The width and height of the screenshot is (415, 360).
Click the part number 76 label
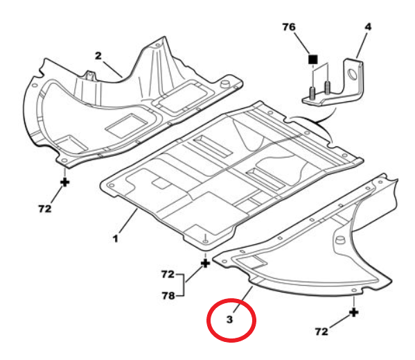coord(289,27)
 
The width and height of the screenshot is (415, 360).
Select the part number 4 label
coord(368,27)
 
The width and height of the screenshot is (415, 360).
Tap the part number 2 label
coord(98,55)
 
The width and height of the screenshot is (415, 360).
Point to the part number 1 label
coord(116,239)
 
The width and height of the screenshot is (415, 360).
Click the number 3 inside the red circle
coord(229,320)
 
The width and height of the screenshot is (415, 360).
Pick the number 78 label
coord(168,295)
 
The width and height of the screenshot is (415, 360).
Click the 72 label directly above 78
coord(168,274)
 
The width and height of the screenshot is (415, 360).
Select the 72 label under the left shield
coord(45,209)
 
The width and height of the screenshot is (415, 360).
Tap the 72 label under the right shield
coord(321,332)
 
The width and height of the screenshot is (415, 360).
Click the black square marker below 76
coord(313,60)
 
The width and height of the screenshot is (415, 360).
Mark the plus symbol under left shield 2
coord(65,182)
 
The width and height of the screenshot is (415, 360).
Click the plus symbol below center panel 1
coord(206,264)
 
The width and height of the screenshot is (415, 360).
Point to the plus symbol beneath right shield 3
coord(354,312)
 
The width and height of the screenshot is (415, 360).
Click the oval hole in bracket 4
coord(352,74)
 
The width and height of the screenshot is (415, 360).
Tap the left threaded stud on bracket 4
coord(312,94)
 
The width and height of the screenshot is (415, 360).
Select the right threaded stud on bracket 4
coord(328,87)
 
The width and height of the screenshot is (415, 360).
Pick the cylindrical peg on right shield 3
coord(340,240)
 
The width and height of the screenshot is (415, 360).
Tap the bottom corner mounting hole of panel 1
coord(205,241)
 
